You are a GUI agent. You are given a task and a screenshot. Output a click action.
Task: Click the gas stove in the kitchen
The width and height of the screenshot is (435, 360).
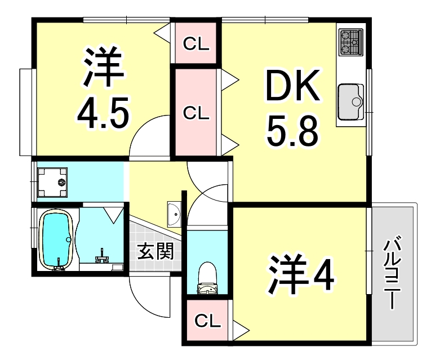[351, 42]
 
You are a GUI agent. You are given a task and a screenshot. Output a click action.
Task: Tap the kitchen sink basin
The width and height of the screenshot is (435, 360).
[352, 100]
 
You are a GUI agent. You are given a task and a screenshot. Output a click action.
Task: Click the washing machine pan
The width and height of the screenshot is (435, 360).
[52, 183]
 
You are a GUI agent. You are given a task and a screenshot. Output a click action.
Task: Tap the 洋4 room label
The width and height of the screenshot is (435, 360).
[301, 276]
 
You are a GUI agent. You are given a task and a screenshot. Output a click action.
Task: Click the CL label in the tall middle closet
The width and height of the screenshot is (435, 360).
[196, 113]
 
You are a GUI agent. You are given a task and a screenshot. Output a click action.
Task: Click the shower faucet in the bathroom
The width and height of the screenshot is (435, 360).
[102, 257]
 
